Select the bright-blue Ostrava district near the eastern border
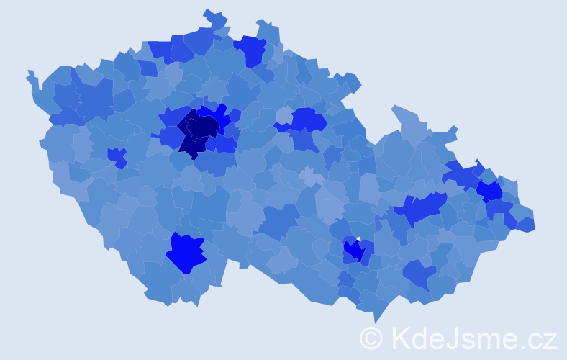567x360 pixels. click(x=490, y=191)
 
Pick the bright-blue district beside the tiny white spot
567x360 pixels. click(x=353, y=251)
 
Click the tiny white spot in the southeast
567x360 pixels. click(x=358, y=240)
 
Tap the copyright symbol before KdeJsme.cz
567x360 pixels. click(x=371, y=338)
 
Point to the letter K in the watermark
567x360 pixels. click(x=400, y=337)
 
